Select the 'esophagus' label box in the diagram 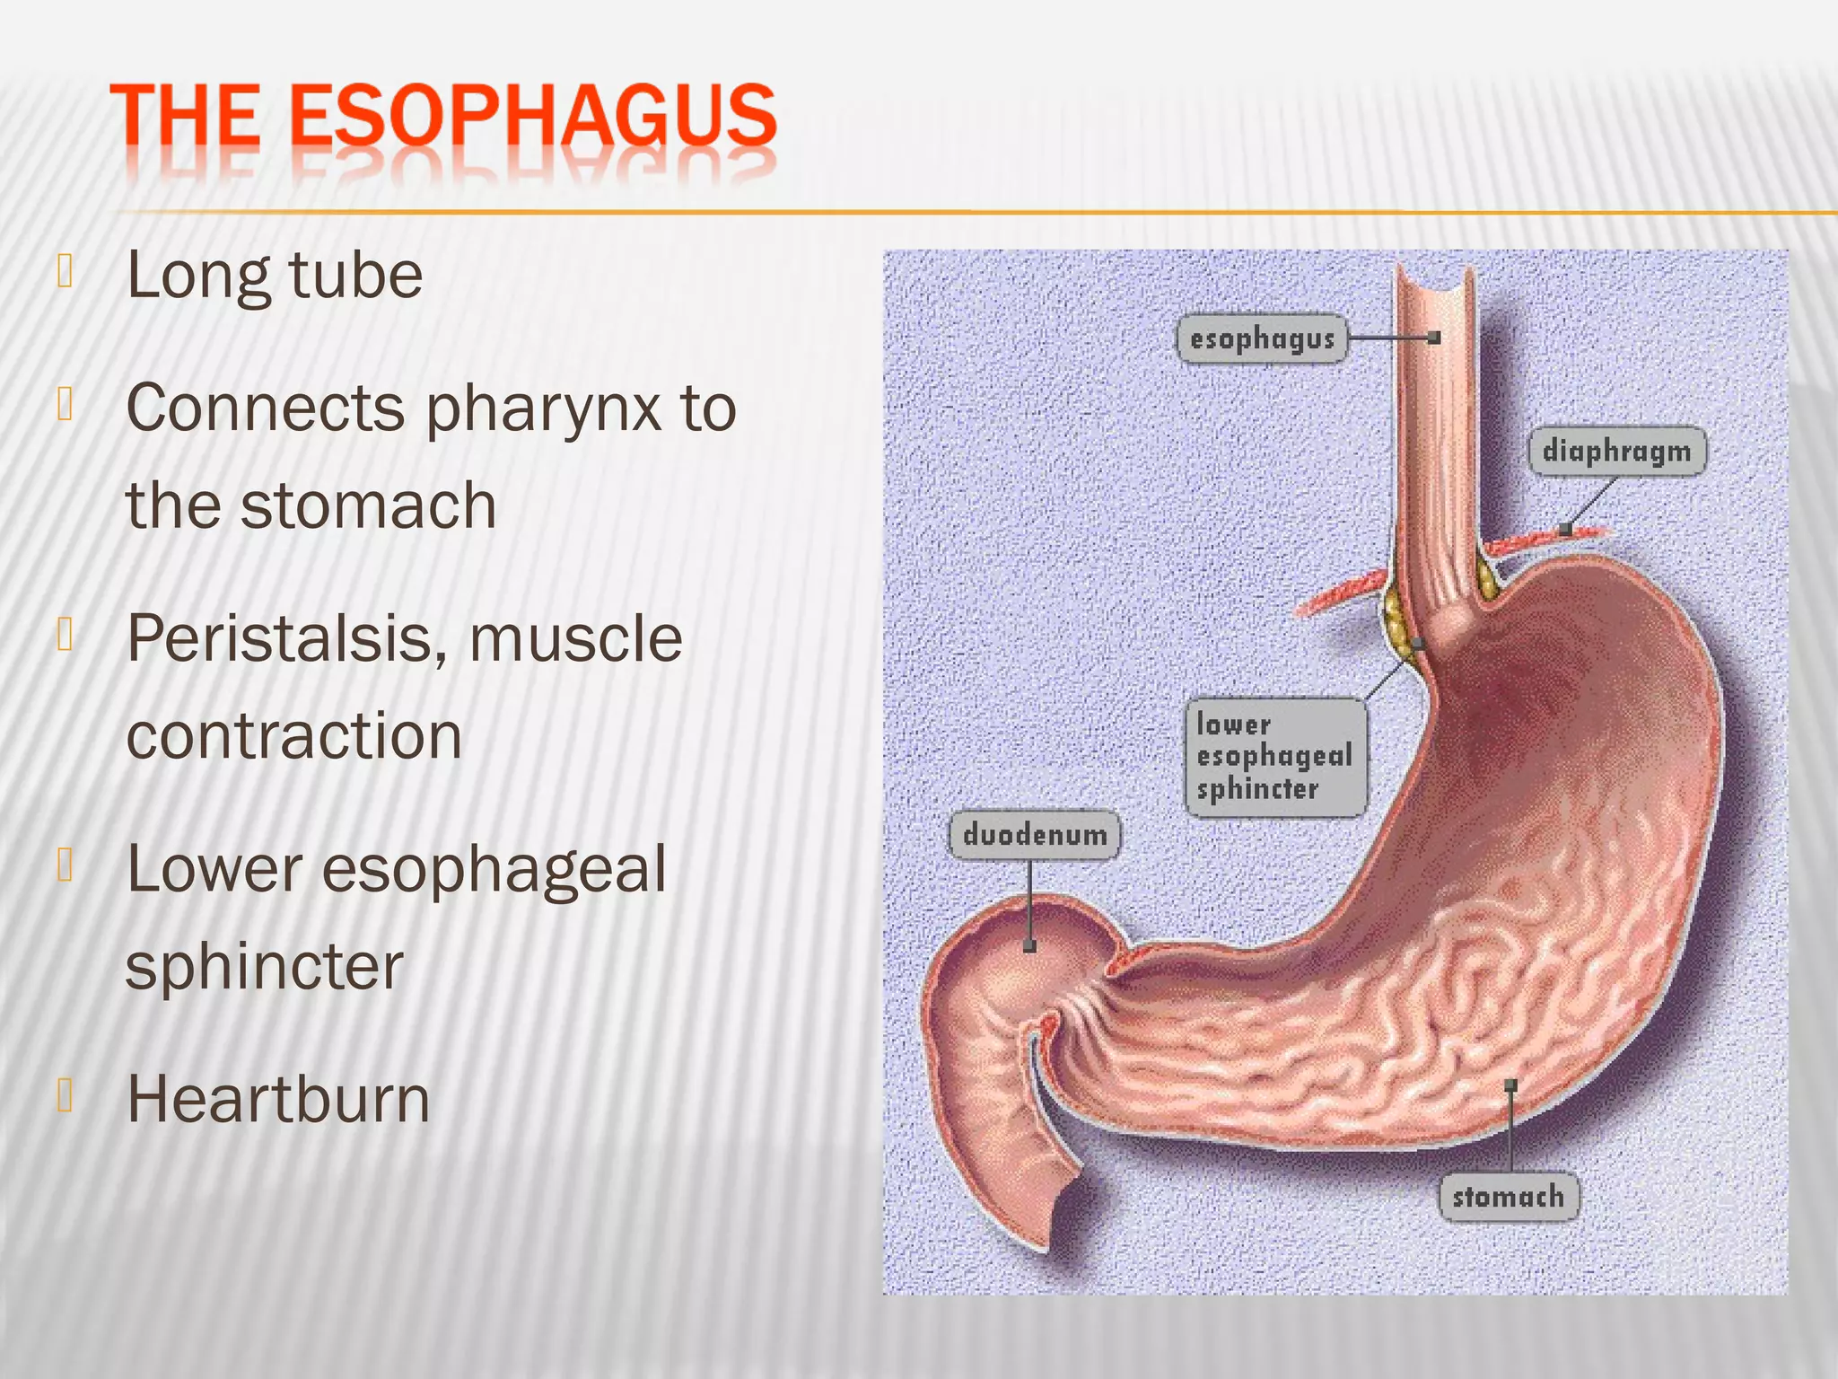(1261, 338)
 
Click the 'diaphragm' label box (1616, 451)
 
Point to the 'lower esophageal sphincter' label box (1274, 757)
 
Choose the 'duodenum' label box (1034, 835)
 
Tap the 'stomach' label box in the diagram (1508, 1196)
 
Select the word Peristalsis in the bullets (287, 639)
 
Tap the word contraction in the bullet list (293, 736)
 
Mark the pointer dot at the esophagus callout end (1433, 338)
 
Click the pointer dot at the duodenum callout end (1029, 945)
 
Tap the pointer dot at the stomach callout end (1511, 1085)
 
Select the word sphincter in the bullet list (265, 967)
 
